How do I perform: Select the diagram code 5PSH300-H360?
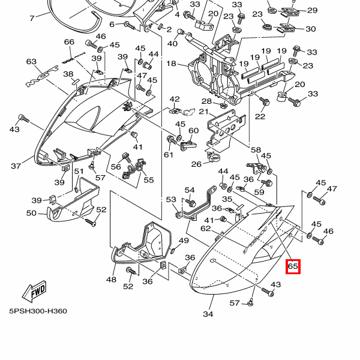38,311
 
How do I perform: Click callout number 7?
32,19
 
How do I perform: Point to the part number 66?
69,42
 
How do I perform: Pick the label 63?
31,61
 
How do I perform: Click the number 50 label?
31,213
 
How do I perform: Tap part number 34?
208,314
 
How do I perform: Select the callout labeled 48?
112,279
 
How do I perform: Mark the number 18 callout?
171,64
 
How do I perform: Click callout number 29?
312,11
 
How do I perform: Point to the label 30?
311,29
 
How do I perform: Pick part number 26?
196,164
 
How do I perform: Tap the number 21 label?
203,112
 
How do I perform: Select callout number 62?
206,229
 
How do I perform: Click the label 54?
190,190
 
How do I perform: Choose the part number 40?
173,43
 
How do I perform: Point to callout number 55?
148,179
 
